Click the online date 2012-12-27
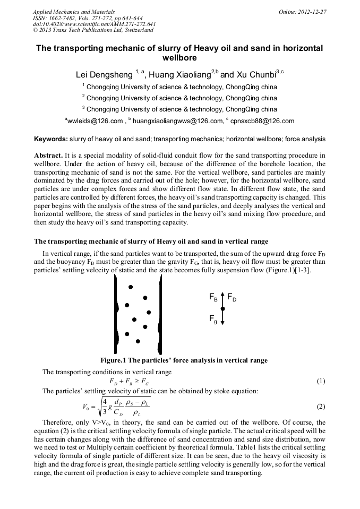313,11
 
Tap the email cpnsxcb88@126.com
262,122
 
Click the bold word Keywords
50,140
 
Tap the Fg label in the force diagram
213,319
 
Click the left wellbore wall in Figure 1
116,316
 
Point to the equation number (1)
320,381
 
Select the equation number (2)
320,407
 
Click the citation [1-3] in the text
303,271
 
